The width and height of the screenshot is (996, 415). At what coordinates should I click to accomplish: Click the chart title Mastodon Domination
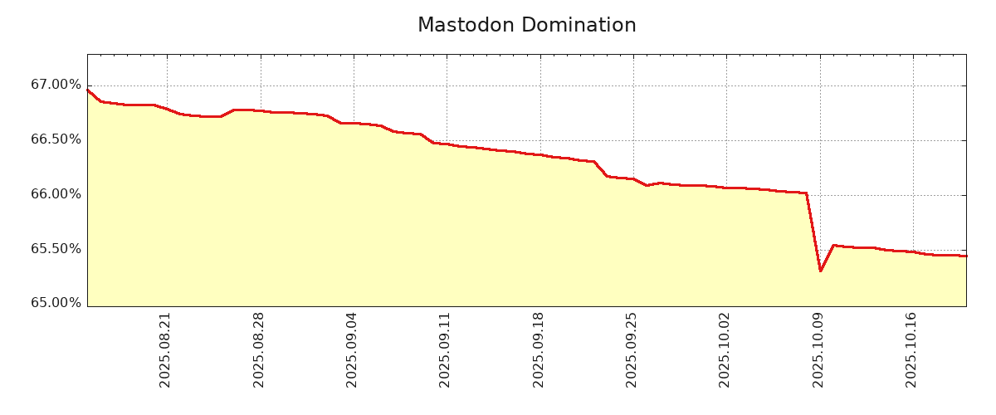point(526,26)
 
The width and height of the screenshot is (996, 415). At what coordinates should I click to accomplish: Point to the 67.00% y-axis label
point(56,85)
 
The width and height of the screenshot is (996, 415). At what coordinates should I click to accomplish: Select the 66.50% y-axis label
point(56,139)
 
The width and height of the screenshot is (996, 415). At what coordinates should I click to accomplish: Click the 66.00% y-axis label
point(56,194)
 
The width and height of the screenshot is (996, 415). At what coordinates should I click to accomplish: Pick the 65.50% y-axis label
point(56,249)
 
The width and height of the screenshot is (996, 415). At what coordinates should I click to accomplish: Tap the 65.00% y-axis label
point(56,303)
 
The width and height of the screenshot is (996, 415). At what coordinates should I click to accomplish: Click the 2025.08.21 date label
point(165,349)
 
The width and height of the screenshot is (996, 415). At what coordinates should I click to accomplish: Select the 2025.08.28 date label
point(259,349)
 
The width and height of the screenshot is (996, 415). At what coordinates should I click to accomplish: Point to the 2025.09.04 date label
point(352,349)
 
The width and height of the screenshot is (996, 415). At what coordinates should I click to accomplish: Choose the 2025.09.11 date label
point(445,349)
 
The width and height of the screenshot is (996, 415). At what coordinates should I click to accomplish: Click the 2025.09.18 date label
point(539,349)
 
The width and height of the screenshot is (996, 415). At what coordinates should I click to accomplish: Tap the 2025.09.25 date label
point(632,349)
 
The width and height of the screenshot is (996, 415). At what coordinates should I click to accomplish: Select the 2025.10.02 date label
point(725,349)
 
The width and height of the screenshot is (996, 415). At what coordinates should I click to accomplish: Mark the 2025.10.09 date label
point(818,349)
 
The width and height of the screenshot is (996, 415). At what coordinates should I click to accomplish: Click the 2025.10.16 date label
point(911,349)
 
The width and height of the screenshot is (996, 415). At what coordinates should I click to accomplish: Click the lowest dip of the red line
point(820,271)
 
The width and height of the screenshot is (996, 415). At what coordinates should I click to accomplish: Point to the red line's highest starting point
point(88,90)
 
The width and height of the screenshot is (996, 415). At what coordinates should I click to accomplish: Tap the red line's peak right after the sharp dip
point(833,246)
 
